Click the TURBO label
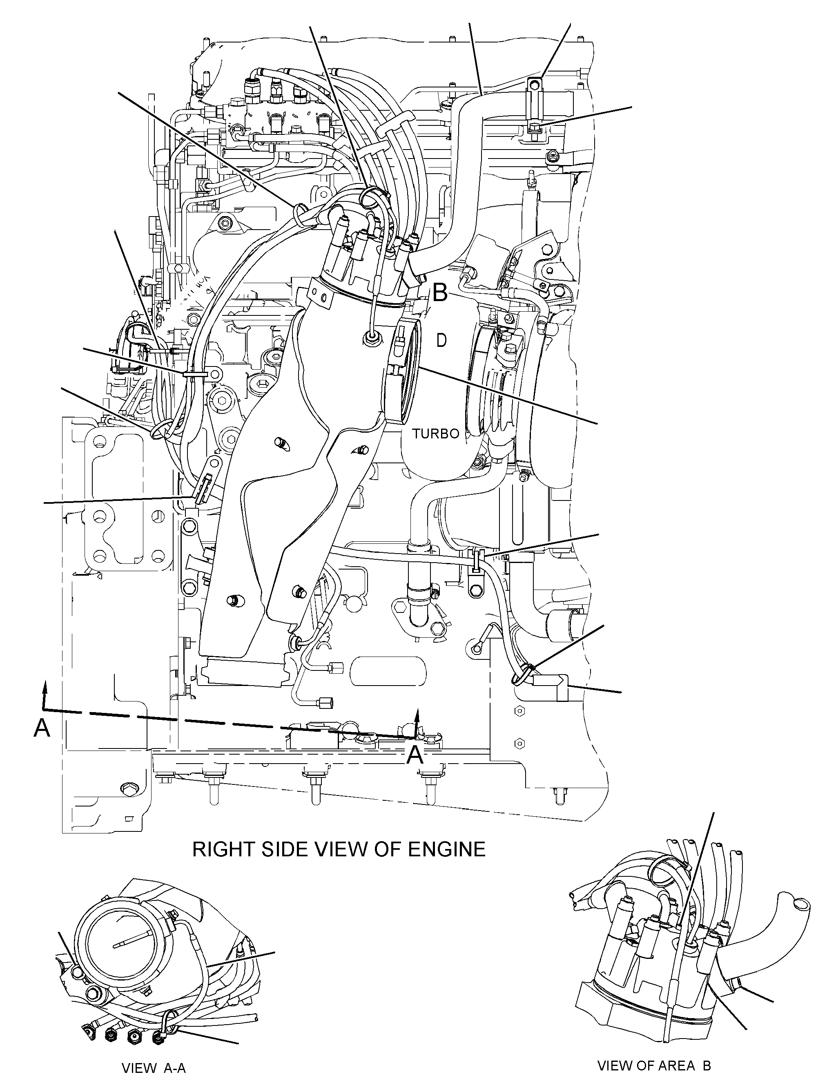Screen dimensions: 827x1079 (x=436, y=434)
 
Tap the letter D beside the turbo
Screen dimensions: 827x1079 (x=441, y=340)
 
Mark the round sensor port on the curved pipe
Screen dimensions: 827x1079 (x=371, y=337)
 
